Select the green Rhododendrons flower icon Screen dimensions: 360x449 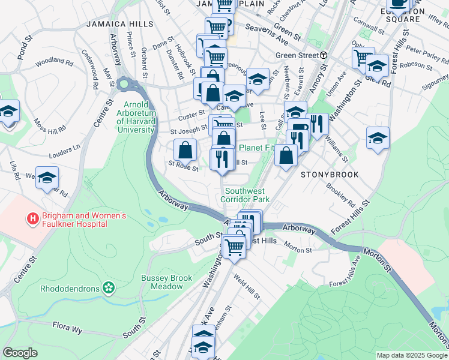click(109, 288)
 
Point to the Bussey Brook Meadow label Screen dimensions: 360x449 click(162, 282)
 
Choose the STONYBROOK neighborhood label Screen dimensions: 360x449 click(330, 175)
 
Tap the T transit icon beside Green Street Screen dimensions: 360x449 click(324, 55)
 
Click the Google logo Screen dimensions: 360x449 click(20, 353)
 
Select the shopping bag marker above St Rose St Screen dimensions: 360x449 click(185, 149)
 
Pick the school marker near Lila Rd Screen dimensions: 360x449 click(47, 178)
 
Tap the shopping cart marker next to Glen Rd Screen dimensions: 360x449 click(363, 58)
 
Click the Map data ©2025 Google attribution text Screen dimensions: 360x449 click(411, 355)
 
